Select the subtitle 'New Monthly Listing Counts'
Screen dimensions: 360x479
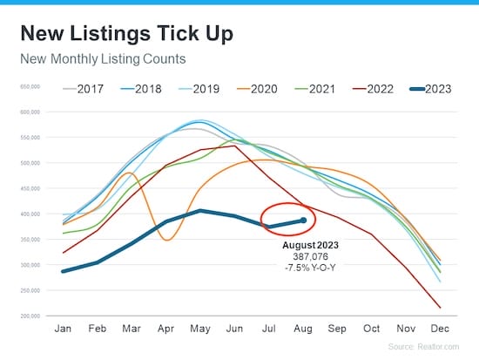pos(107,60)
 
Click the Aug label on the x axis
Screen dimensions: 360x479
pos(303,329)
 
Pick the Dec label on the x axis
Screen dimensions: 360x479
pos(441,329)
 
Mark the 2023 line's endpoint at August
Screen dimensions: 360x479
pos(303,221)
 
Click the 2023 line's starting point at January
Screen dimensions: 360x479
pos(62,271)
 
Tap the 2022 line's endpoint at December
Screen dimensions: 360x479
pos(440,308)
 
